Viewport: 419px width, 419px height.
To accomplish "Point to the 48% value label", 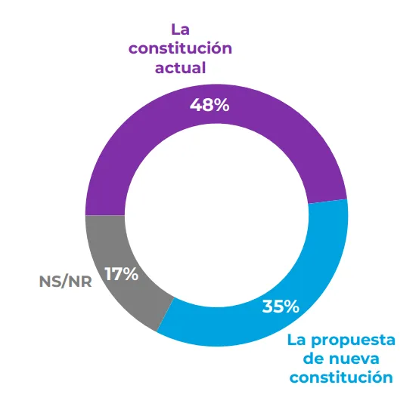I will (x=209, y=105).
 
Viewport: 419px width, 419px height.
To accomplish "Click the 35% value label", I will (x=281, y=307).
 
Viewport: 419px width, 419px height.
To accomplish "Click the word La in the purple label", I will (x=179, y=30).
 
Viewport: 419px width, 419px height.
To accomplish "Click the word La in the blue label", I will (x=296, y=340).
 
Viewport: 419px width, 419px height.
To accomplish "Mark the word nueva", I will (x=363, y=358).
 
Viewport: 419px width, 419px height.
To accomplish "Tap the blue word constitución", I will (x=341, y=376).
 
